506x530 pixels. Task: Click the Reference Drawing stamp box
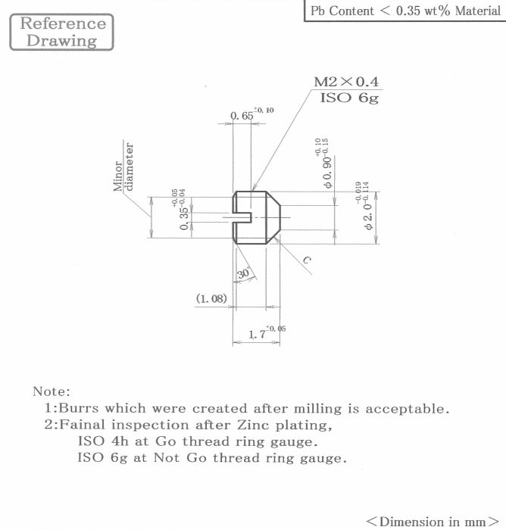(x=61, y=32)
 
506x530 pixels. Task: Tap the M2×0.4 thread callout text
(x=346, y=82)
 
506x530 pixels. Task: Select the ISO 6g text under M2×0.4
(x=349, y=98)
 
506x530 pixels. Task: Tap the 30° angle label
(x=243, y=273)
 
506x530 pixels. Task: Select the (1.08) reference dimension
(x=211, y=298)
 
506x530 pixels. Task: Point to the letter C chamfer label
(x=307, y=260)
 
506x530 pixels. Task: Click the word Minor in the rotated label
(x=118, y=176)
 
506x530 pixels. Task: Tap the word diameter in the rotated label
(x=130, y=167)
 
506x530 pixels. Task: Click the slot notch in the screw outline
(x=242, y=217)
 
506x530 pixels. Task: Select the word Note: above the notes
(x=52, y=391)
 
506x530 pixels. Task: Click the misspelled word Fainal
(x=82, y=425)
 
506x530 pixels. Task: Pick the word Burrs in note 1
(x=79, y=408)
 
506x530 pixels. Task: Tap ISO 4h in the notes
(x=103, y=441)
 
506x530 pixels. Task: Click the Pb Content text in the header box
(x=342, y=11)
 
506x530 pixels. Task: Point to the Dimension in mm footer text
(x=433, y=521)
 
